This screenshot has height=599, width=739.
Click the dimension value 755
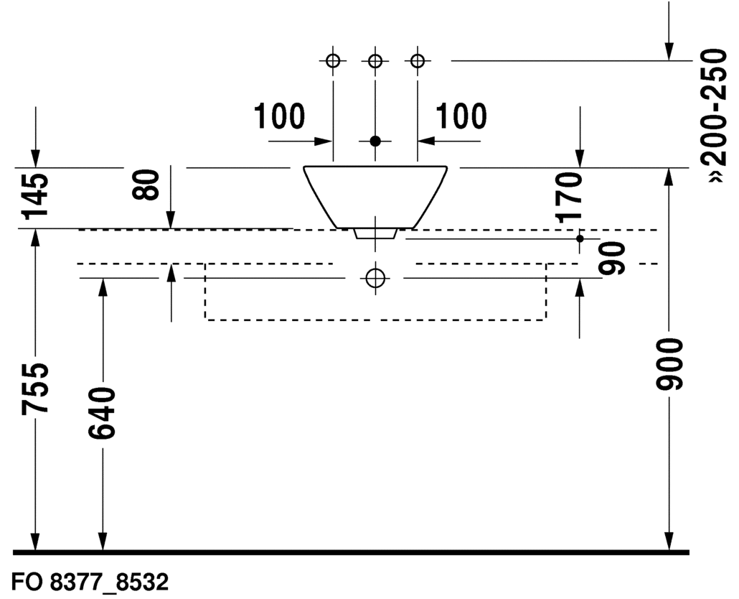[36, 389]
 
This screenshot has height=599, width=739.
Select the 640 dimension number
[101, 414]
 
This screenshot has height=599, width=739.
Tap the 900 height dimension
[669, 364]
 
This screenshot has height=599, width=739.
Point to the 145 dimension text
[36, 195]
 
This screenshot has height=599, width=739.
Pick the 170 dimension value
[571, 197]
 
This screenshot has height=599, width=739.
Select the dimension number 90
[613, 258]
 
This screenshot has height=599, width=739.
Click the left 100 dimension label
[280, 117]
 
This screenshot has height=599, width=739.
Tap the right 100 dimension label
[461, 117]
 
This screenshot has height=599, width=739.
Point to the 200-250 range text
[715, 115]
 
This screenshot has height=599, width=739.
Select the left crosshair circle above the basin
[333, 61]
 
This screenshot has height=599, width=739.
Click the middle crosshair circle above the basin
[375, 61]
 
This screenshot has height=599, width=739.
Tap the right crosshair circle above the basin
[417, 61]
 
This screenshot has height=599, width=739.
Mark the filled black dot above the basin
[375, 141]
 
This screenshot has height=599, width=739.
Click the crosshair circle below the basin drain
[375, 277]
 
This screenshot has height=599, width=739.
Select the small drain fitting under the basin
[375, 233]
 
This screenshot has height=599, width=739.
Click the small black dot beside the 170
[580, 238]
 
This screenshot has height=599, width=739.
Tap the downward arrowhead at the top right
[669, 50]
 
